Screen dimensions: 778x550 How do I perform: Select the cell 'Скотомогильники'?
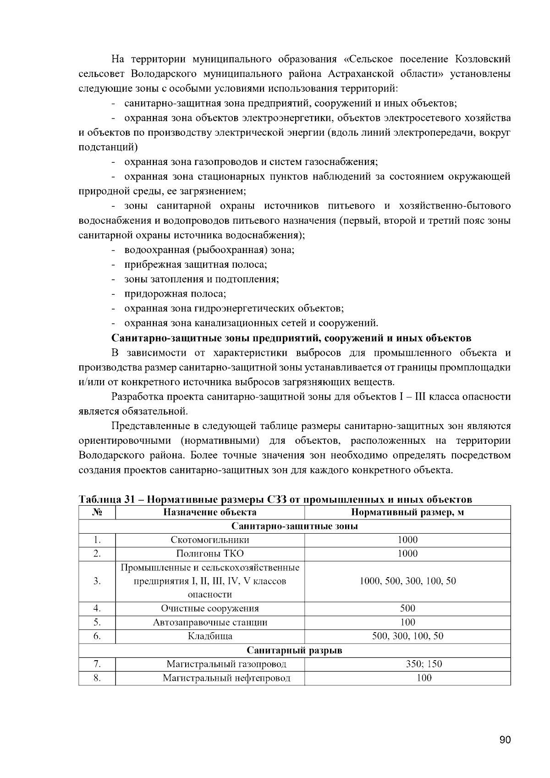pyautogui.click(x=210, y=540)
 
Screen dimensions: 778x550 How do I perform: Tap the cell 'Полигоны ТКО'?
pyautogui.click(x=210, y=553)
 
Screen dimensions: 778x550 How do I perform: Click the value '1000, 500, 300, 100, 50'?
pyautogui.click(x=407, y=581)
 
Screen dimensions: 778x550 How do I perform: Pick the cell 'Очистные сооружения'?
pyautogui.click(x=210, y=608)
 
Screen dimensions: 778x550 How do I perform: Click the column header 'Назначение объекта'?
pyautogui.click(x=210, y=512)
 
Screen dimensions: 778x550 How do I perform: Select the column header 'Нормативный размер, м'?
pyautogui.click(x=407, y=512)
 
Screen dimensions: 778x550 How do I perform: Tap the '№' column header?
pyautogui.click(x=97, y=512)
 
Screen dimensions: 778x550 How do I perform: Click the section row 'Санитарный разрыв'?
pyautogui.click(x=294, y=650)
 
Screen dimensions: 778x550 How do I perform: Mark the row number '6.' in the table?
pyautogui.click(x=97, y=636)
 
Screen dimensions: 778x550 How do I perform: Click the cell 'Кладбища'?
pyautogui.click(x=210, y=636)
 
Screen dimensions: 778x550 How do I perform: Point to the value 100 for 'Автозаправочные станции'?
pyautogui.click(x=407, y=622)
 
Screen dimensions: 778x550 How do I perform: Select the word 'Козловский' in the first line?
pyautogui.click(x=483, y=59)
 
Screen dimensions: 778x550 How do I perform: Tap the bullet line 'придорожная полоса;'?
pyautogui.click(x=175, y=294)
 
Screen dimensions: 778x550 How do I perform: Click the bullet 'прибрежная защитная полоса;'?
pyautogui.click(x=196, y=265)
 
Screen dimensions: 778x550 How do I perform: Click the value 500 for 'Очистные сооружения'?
pyautogui.click(x=407, y=608)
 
